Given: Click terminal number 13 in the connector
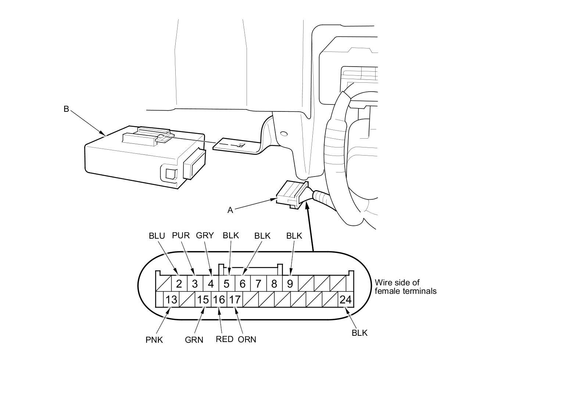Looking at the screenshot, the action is pyautogui.click(x=171, y=300).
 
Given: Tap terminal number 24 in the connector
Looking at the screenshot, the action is pyautogui.click(x=345, y=300).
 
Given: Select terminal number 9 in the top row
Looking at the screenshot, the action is pyautogui.click(x=290, y=284).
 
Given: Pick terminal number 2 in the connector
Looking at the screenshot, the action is pyautogui.click(x=179, y=284).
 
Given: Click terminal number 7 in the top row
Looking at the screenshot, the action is pyautogui.click(x=258, y=284).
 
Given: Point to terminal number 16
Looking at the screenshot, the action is pyautogui.click(x=219, y=300).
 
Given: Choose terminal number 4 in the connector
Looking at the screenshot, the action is pyautogui.click(x=211, y=284).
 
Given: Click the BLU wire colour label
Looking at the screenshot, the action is pyautogui.click(x=157, y=236).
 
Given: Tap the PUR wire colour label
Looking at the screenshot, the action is pyautogui.click(x=181, y=235).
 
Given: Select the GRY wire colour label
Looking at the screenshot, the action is pyautogui.click(x=205, y=235).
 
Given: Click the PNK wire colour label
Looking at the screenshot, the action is pyautogui.click(x=154, y=340).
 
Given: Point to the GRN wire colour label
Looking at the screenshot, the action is pyautogui.click(x=194, y=340).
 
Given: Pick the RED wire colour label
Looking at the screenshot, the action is pyautogui.click(x=225, y=339).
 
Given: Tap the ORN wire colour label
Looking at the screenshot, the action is pyautogui.click(x=247, y=339).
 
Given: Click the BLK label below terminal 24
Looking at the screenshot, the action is pyautogui.click(x=359, y=333).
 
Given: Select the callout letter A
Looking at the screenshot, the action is pyautogui.click(x=230, y=210).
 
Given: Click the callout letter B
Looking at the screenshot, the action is pyautogui.click(x=66, y=109).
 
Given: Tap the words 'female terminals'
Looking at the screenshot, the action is pyautogui.click(x=406, y=291).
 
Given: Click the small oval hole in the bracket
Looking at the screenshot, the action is pyautogui.click(x=284, y=133).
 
